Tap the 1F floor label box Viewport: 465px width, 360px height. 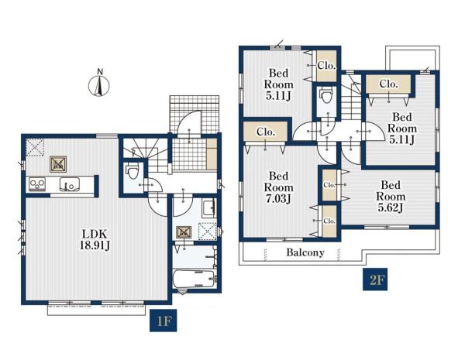163,321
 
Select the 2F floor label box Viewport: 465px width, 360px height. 375,279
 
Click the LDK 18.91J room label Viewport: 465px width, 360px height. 95,240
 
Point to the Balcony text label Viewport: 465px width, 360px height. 305,252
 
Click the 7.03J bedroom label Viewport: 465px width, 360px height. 278,187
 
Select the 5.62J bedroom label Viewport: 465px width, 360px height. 391,196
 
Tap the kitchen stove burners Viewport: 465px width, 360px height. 37,184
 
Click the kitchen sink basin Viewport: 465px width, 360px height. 70,184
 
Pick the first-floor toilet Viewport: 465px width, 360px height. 132,171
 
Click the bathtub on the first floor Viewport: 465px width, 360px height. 195,278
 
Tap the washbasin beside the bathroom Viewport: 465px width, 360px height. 208,208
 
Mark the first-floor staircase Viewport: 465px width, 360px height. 145,155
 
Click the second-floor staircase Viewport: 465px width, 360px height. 351,97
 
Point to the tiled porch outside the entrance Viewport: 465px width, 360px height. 195,114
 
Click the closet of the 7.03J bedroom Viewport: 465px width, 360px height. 265,132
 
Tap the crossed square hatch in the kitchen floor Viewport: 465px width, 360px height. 58,164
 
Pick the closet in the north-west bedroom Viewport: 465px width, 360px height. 326,66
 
